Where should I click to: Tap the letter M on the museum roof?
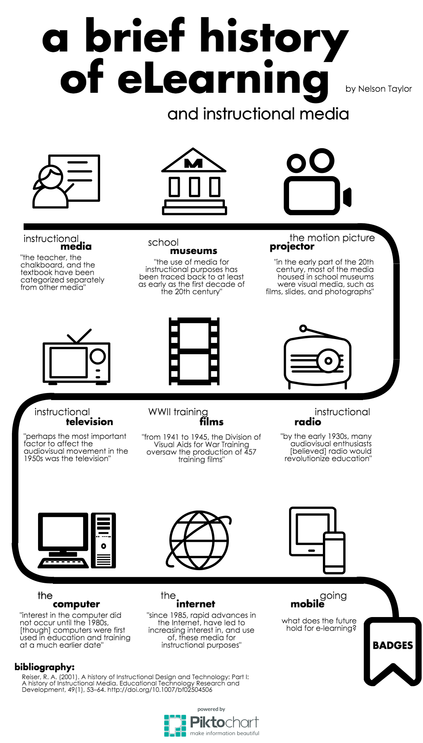point(194,163)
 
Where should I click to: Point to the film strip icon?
point(194,351)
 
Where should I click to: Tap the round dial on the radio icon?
point(328,361)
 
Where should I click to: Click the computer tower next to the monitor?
point(103,540)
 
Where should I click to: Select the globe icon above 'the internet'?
point(199,540)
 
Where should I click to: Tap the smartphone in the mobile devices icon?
point(334,552)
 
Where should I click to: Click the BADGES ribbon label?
point(393,645)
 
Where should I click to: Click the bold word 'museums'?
point(194,251)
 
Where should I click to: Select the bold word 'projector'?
point(292,247)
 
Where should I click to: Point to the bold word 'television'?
point(90,422)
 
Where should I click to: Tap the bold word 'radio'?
point(308,422)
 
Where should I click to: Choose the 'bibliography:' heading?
point(44,667)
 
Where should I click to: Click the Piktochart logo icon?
point(175,726)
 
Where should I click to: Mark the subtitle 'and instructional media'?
point(258,114)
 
